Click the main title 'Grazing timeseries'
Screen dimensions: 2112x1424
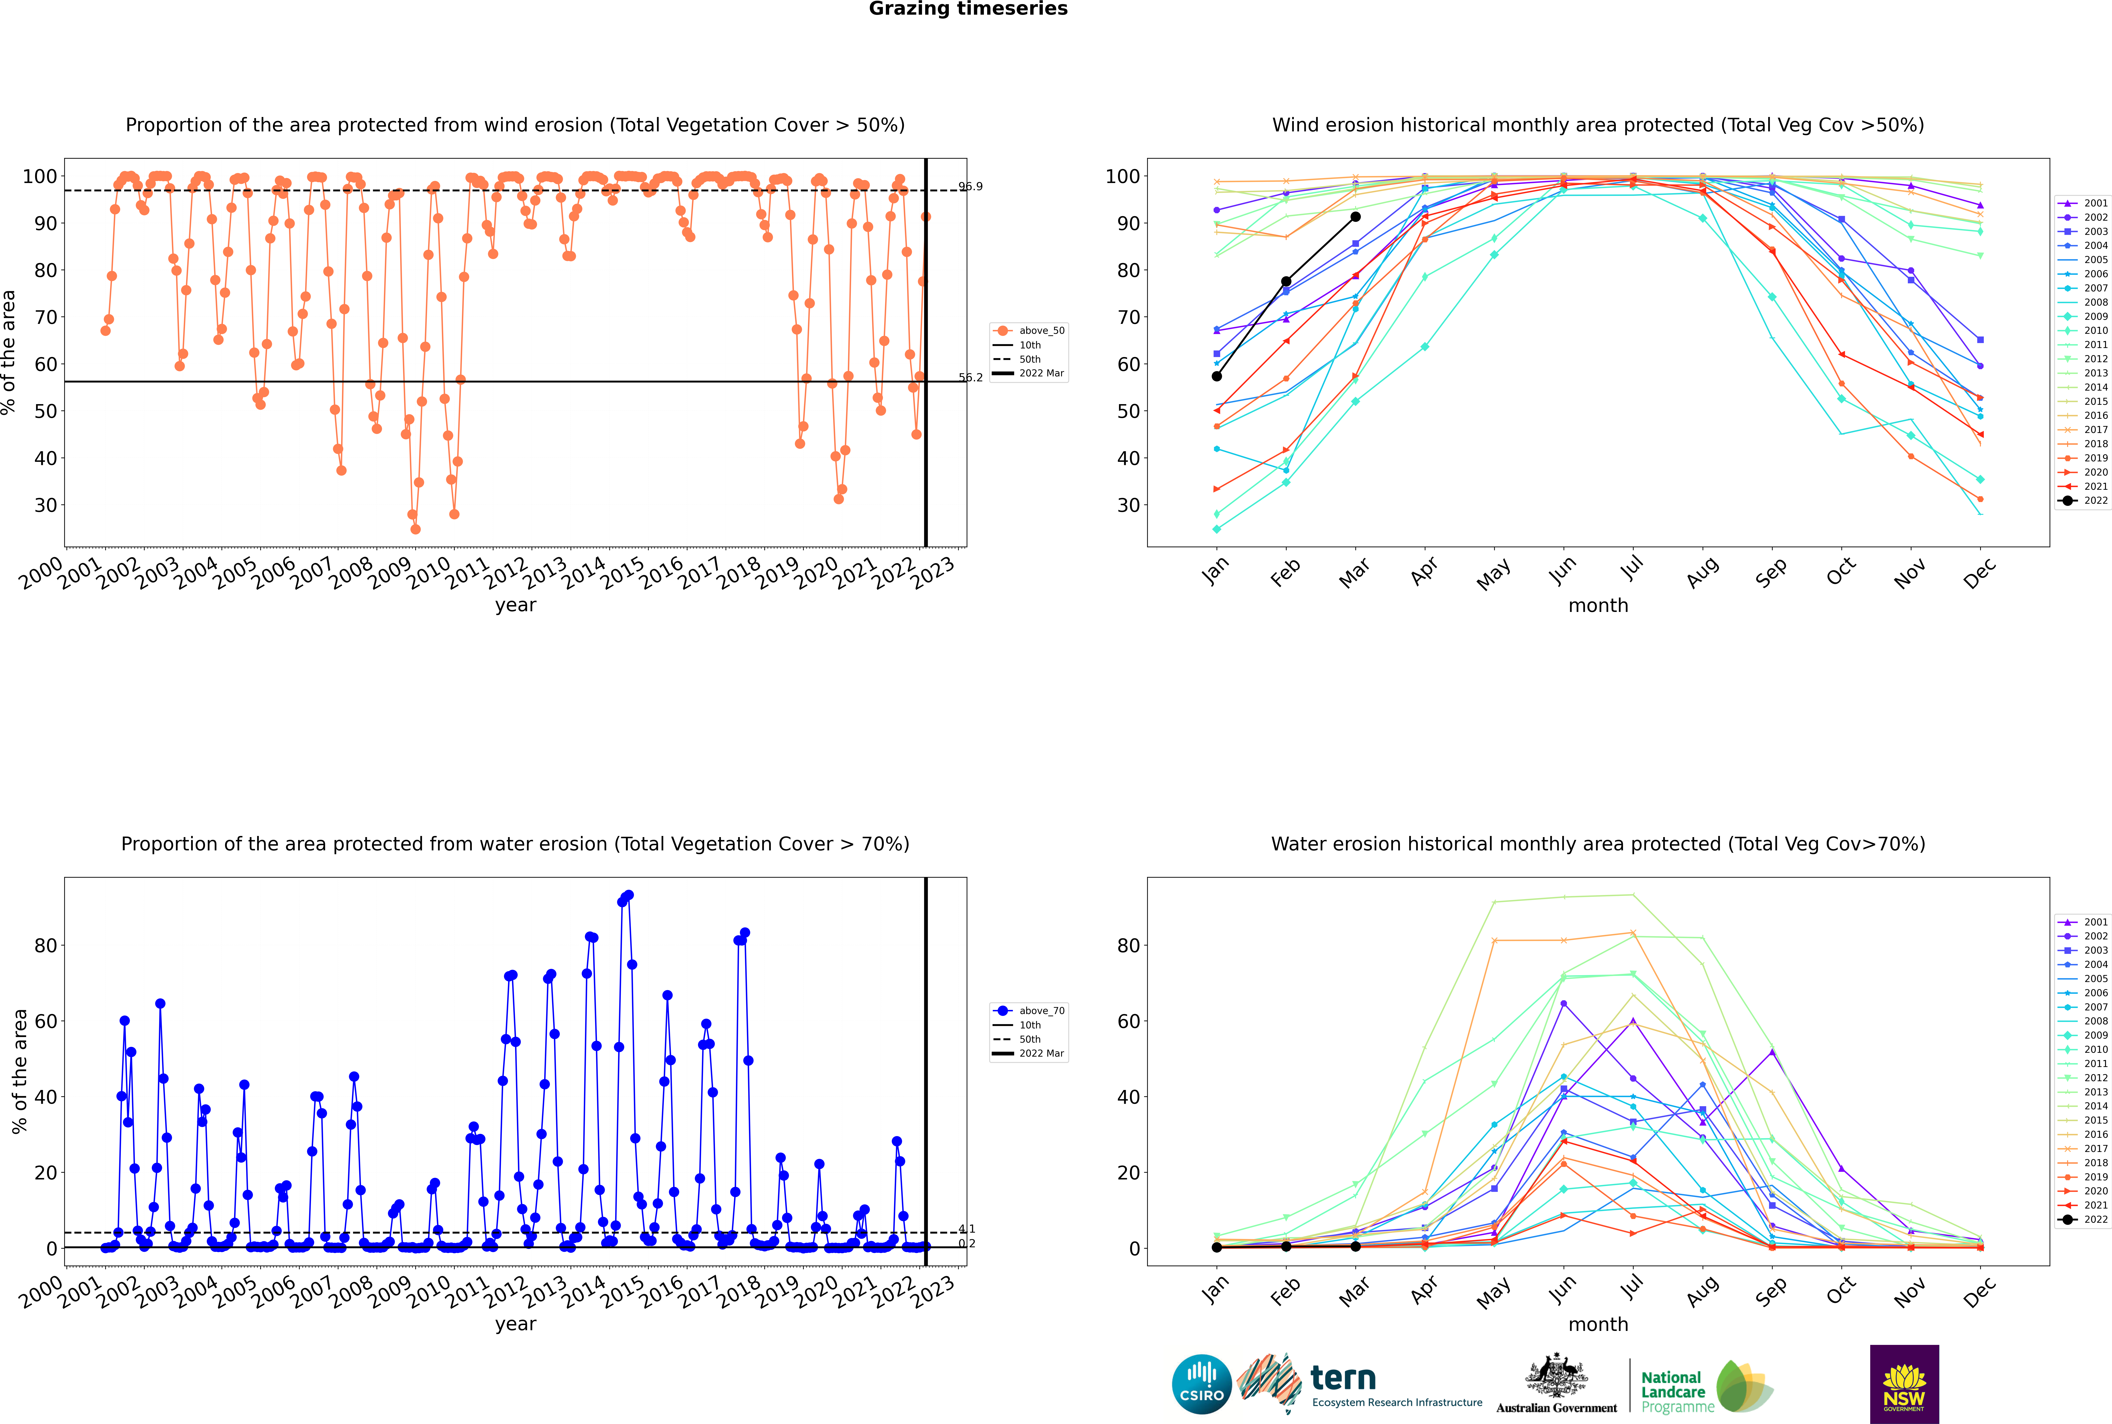(968, 9)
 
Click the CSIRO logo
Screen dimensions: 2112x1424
(1201, 1384)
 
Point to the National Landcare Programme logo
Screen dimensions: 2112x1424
(1707, 1387)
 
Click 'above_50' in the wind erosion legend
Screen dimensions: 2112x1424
(1041, 331)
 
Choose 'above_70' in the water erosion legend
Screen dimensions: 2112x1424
(1041, 1011)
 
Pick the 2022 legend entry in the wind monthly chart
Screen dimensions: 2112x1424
(2083, 500)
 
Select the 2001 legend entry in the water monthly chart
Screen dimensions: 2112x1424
(2083, 922)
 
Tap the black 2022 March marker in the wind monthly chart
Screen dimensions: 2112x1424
(1355, 217)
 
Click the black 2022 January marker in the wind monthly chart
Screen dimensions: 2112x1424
(1217, 376)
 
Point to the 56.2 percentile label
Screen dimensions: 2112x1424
(971, 378)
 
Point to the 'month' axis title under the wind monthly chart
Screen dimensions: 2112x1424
(1598, 606)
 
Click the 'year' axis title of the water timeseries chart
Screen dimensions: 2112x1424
(516, 1324)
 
